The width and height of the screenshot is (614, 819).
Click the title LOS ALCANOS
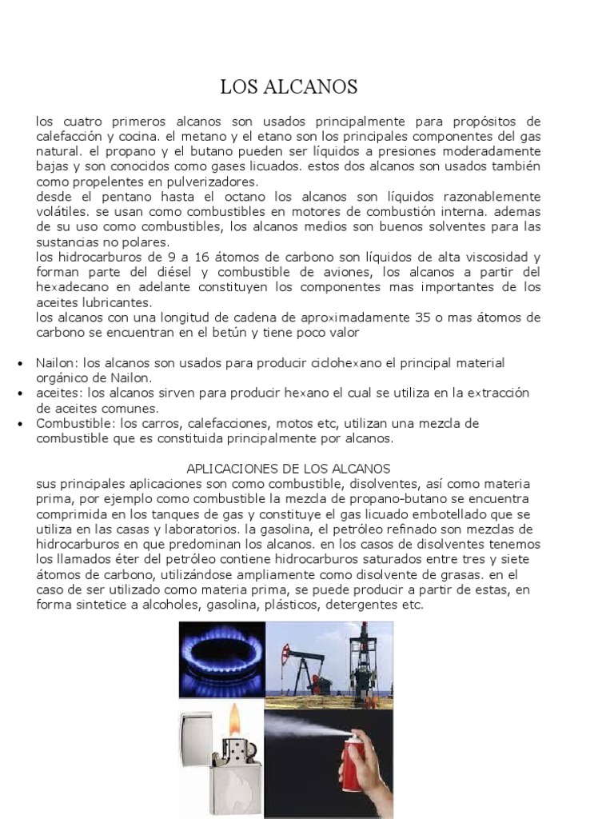point(289,87)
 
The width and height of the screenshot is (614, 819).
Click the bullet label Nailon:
point(57,363)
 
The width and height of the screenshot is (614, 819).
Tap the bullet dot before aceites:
point(18,394)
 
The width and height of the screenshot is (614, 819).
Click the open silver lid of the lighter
point(195,732)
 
